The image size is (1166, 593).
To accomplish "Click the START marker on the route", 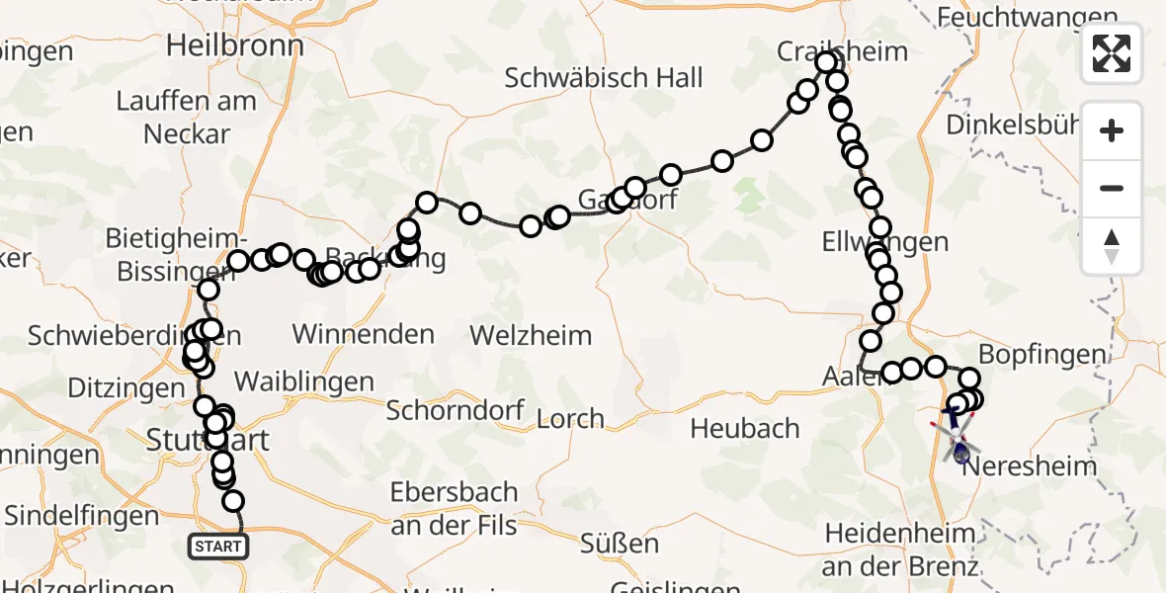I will pos(217,546).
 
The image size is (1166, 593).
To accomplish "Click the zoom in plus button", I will pos(1112,131).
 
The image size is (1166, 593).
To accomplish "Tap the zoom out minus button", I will pos(1112,188).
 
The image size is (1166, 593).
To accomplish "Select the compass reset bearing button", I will pos(1112,245).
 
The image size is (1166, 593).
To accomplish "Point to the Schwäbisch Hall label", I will pos(604,78).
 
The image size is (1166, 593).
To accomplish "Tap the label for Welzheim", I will pos(531,335).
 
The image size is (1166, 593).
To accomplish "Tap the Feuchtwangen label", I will pos(1028,17).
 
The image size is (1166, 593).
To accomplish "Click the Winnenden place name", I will pos(364,334).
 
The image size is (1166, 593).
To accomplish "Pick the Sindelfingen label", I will pos(81,515).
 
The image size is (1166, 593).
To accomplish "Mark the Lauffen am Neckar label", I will pos(186,117).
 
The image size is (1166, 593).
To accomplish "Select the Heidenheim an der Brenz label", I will pos(899,551).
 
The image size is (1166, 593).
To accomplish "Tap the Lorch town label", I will pos(570,419).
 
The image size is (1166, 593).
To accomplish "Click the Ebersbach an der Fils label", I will pos(455,508).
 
